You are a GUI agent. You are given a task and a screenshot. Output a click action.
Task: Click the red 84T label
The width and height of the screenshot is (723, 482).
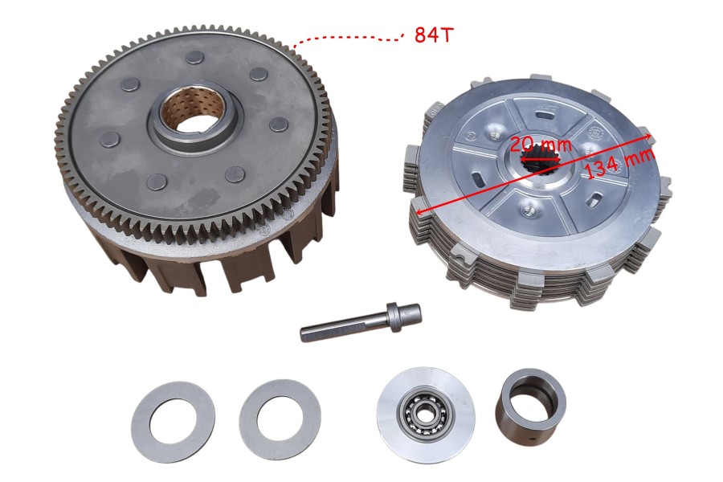pos(434,34)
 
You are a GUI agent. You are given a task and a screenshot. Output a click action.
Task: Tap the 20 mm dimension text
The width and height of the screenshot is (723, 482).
pos(541,145)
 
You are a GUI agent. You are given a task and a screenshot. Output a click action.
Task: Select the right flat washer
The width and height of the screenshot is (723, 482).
pos(280,419)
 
